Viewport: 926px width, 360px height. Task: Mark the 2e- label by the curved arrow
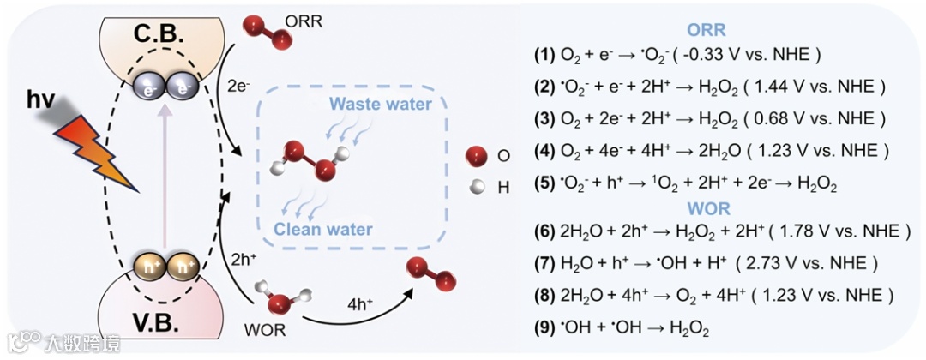click(239, 86)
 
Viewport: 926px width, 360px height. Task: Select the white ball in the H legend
click(476, 184)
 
